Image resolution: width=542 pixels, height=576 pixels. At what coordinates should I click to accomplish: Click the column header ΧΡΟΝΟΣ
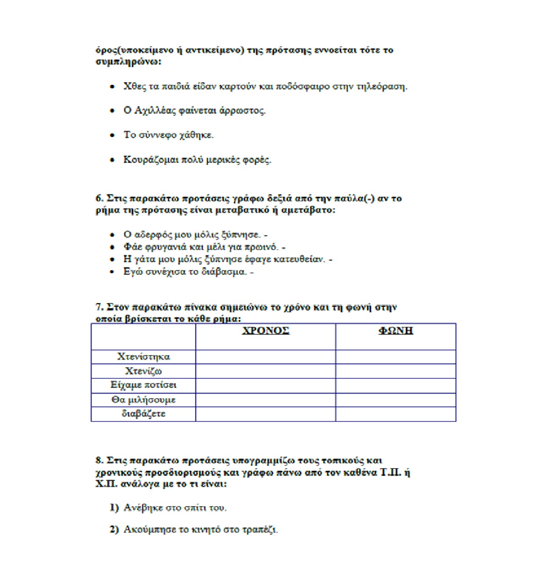pos(265,331)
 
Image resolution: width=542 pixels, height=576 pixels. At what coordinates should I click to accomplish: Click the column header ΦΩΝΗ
pos(395,331)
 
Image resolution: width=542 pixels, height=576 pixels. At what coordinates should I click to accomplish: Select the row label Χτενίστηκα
pos(144,357)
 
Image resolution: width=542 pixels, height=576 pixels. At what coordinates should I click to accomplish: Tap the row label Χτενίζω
pos(144,371)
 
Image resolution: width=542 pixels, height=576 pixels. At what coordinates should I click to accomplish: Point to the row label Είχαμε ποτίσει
pos(144,385)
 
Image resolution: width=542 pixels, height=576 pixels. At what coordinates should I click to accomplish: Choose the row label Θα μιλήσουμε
pos(144,400)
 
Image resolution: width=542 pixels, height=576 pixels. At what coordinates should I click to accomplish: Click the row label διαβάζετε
pos(144,414)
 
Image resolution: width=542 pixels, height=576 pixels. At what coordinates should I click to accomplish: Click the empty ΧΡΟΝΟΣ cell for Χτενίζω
pos(265,371)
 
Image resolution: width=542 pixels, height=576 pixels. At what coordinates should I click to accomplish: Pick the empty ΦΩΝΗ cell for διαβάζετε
pos(395,414)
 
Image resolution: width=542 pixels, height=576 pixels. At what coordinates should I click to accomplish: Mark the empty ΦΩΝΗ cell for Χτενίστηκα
pos(395,357)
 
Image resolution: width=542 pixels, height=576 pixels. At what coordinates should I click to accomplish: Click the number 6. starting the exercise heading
pos(99,198)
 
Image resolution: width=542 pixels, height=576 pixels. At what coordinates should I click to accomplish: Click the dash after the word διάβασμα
pos(252,272)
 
